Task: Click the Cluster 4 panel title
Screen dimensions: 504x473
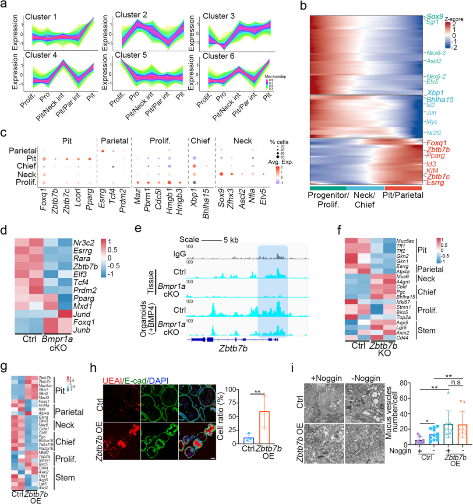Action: coord(41,56)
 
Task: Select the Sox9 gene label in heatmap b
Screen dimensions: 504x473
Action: coord(438,16)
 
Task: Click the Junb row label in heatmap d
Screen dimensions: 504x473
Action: coord(82,330)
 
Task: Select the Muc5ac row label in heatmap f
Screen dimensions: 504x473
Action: coord(405,241)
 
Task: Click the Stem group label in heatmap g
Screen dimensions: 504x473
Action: coord(65,478)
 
